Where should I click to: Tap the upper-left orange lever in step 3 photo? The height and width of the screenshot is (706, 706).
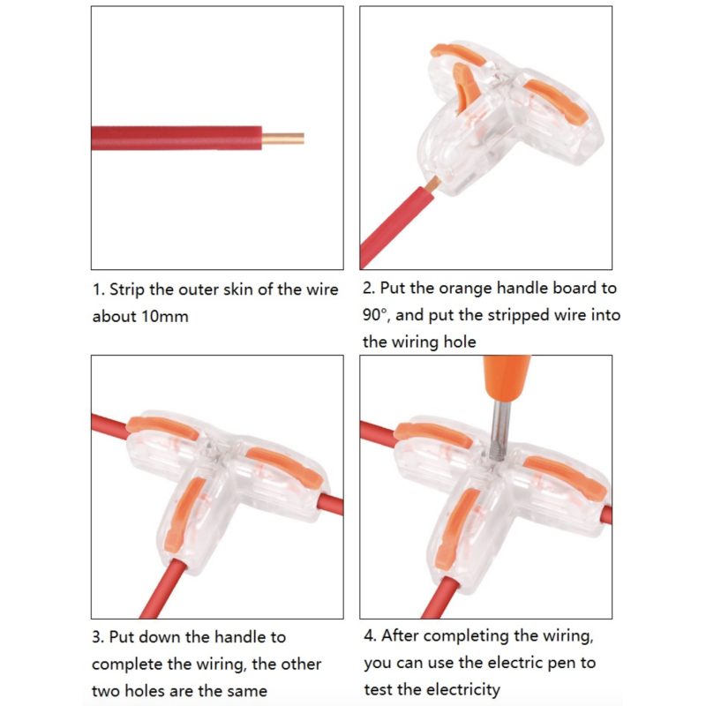[164, 428]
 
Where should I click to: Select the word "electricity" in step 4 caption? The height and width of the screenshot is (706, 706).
[460, 689]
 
